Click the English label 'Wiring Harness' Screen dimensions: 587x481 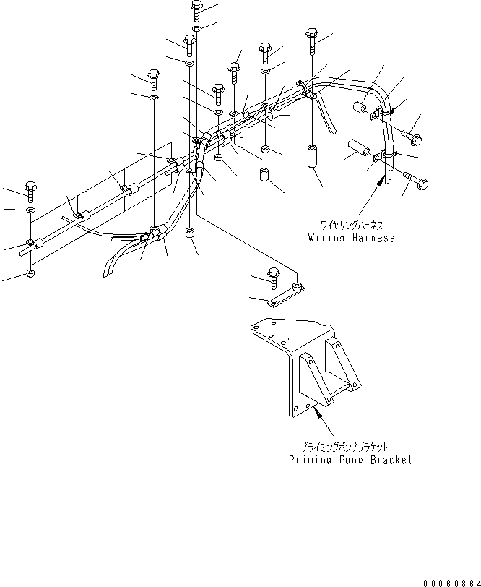351,237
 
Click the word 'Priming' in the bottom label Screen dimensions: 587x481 310,460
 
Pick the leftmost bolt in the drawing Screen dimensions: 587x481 30,189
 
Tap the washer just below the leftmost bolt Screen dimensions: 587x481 29,210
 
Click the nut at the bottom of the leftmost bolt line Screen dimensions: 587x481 29,273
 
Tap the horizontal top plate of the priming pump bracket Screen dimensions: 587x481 285,333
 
